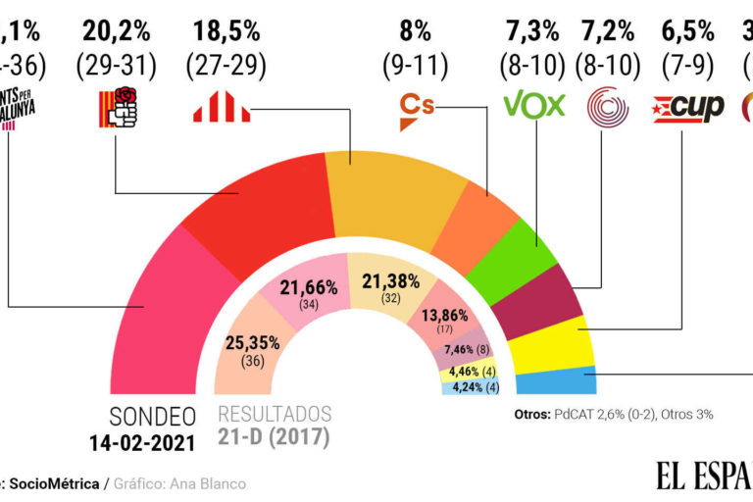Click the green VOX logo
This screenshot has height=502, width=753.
point(533,105)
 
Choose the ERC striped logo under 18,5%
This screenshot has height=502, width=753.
point(223,107)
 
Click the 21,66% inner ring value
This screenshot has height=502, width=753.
point(310,288)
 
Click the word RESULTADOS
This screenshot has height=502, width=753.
point(275,414)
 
